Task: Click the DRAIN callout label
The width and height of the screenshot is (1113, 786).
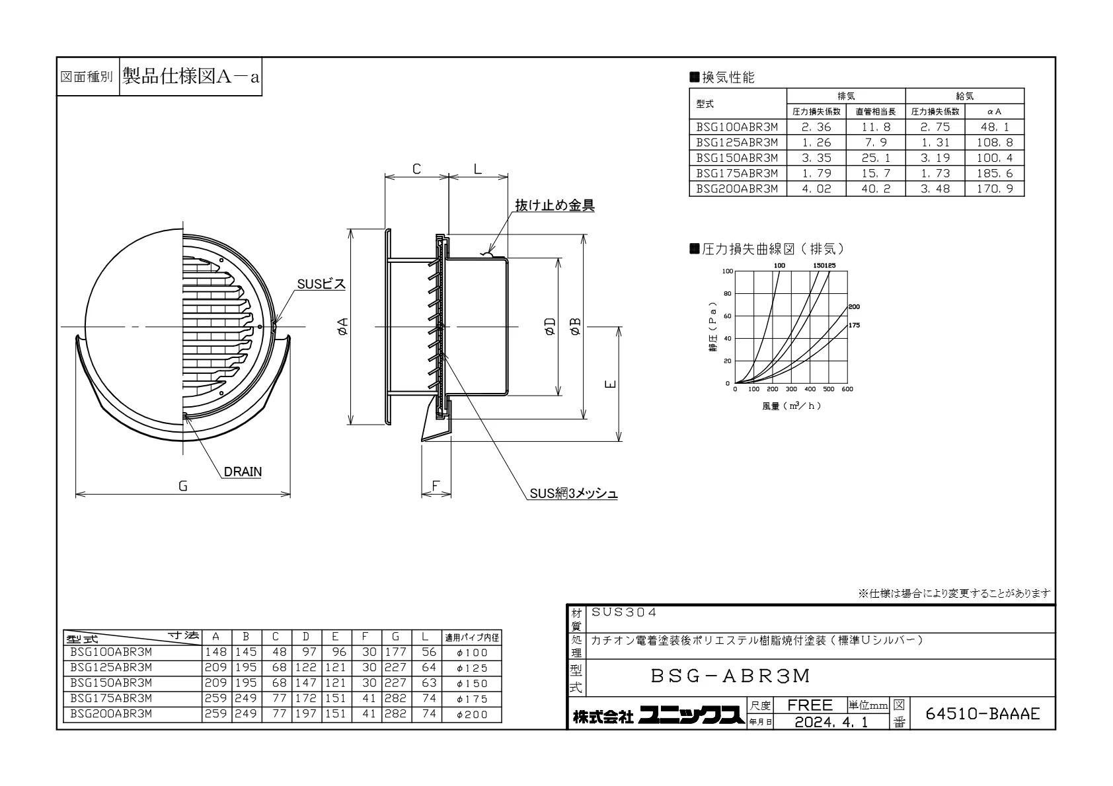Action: (x=243, y=472)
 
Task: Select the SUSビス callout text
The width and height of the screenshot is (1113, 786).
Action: (x=321, y=284)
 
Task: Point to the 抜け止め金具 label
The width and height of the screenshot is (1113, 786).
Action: (x=555, y=205)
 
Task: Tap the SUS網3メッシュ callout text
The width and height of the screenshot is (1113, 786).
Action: (x=574, y=493)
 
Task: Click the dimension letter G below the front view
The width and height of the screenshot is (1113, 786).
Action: (x=183, y=486)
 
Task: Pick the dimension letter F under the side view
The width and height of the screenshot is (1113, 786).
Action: (x=436, y=485)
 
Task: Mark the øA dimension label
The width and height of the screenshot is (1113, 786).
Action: (x=342, y=327)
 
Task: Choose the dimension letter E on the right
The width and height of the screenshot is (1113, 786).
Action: (x=611, y=384)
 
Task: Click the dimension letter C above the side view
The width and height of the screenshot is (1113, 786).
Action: (x=416, y=169)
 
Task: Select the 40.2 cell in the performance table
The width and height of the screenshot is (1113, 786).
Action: (x=876, y=189)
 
